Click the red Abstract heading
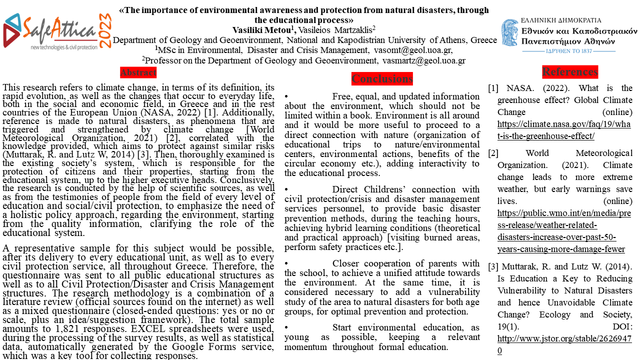click(138, 72)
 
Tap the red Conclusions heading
click(382, 78)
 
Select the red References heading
click(570, 72)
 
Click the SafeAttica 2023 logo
click(57, 31)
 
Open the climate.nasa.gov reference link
click(564, 130)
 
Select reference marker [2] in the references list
click(493, 153)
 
